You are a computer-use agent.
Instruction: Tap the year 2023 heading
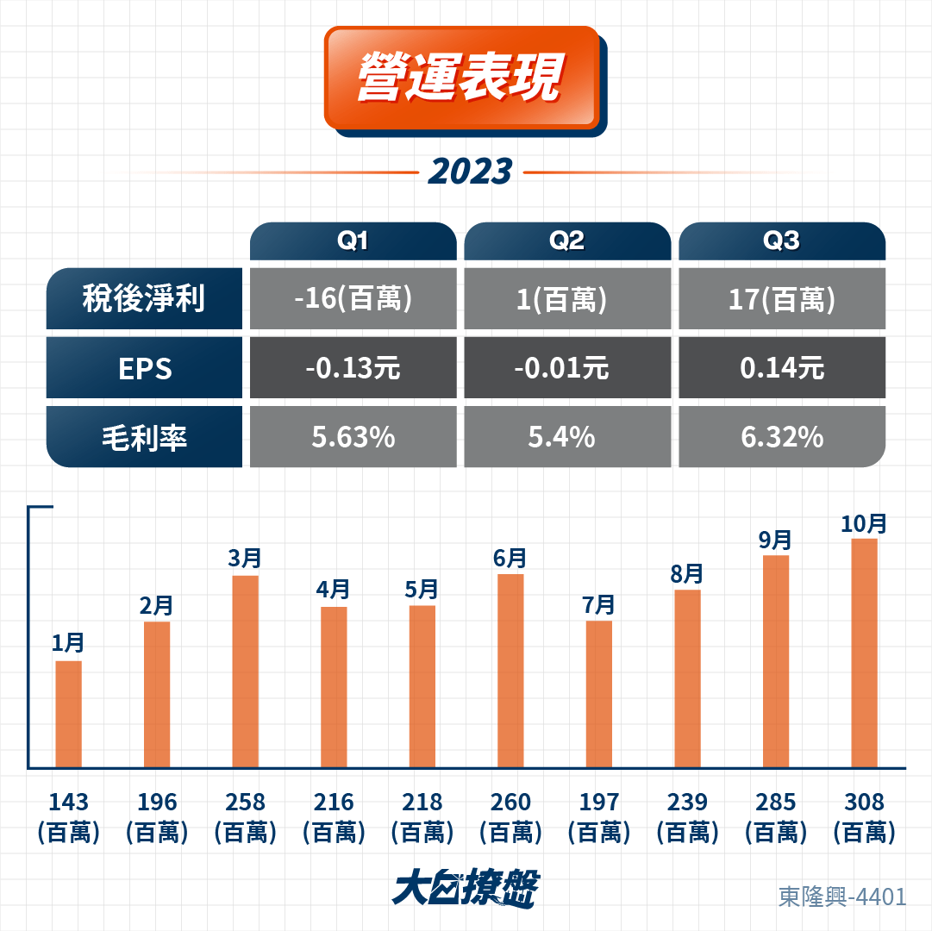[470, 172]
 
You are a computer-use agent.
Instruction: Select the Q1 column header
[353, 241]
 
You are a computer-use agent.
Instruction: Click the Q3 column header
[782, 241]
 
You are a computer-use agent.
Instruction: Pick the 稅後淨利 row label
[144, 298]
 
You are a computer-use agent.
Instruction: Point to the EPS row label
[144, 368]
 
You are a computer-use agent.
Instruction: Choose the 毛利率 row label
[144, 437]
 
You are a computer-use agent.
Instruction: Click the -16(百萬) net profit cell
[353, 298]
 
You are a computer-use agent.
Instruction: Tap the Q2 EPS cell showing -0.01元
[567, 368]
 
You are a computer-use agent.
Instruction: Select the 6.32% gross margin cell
[782, 437]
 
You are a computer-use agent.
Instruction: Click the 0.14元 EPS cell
[782, 368]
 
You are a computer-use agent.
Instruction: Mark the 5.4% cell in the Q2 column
[567, 437]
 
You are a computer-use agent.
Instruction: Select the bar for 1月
[68, 714]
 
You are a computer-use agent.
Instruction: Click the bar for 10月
[864, 653]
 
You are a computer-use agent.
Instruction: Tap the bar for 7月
[598, 694]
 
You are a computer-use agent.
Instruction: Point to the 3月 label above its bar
[245, 559]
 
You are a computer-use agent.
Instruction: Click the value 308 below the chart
[864, 802]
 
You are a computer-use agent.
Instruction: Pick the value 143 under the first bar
[68, 802]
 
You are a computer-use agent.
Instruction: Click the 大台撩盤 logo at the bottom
[466, 888]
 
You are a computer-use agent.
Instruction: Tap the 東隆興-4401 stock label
[842, 897]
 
